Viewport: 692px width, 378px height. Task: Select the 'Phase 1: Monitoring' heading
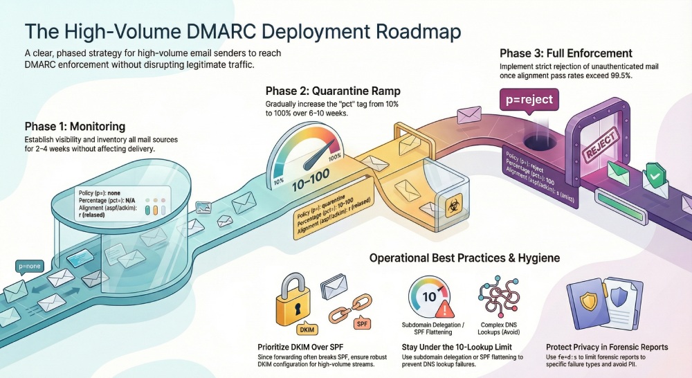click(75, 126)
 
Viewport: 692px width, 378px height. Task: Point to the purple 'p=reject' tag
click(529, 99)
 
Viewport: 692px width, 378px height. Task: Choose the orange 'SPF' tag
click(361, 323)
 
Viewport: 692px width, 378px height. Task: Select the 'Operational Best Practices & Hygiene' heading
click(464, 258)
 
